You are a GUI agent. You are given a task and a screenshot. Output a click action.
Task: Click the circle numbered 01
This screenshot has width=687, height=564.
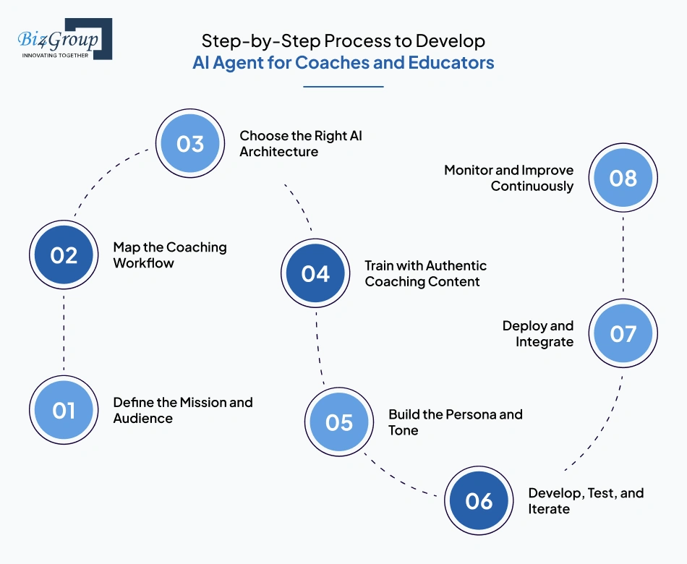point(64,410)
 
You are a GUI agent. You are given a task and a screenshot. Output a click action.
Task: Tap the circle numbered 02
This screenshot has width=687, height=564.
point(64,255)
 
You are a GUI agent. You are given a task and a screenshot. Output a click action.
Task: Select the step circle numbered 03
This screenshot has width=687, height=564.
point(190,143)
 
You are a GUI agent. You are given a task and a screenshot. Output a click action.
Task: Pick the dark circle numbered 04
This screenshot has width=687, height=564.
point(315,273)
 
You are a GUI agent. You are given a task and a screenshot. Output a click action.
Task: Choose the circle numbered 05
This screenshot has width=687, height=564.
point(339,422)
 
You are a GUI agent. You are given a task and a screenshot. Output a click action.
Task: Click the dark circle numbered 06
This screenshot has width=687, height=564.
point(479,501)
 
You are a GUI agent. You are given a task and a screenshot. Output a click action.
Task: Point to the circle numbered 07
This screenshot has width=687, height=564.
point(623,333)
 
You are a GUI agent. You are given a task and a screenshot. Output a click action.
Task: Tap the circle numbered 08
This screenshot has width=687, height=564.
point(623,178)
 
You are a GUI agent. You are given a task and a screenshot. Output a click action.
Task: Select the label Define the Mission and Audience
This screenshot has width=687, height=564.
point(182,410)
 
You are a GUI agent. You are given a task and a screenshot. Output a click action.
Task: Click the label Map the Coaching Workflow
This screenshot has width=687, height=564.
point(169,255)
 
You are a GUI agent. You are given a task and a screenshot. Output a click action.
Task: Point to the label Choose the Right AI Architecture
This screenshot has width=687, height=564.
point(301,143)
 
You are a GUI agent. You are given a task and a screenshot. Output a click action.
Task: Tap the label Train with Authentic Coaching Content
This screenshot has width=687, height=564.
point(425,273)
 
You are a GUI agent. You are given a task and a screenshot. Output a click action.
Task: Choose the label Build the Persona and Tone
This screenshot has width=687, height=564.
point(455,422)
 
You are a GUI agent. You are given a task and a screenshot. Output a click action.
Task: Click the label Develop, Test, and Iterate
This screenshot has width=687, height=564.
point(585,501)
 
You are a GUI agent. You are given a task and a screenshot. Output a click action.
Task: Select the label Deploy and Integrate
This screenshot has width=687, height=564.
point(538,333)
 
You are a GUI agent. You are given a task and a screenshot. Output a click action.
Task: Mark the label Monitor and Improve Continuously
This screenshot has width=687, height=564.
point(509,178)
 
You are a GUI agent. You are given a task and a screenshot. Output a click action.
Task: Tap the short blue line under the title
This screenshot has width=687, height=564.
point(343,87)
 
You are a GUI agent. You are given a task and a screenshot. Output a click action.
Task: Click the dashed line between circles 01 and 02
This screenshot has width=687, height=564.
point(64,333)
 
